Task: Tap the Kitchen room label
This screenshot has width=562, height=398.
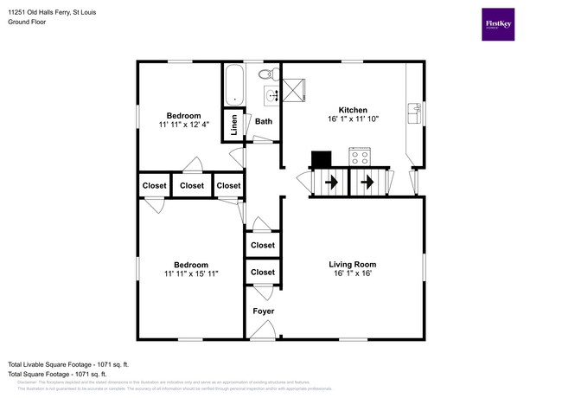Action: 353,110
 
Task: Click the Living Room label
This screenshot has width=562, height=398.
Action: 352,264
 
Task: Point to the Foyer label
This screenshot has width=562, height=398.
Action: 263,311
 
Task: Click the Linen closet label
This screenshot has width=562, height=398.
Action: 234,125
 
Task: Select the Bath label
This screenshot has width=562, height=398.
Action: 263,122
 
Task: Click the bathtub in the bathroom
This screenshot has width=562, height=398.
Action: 234,86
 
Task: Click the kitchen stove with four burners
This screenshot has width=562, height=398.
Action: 360,157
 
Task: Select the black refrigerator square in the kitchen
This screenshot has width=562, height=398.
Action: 322,158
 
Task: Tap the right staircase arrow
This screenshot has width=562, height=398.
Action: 367,183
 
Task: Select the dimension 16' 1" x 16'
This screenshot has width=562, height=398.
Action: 352,274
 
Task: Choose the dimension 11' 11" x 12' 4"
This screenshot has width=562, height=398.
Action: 183,125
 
